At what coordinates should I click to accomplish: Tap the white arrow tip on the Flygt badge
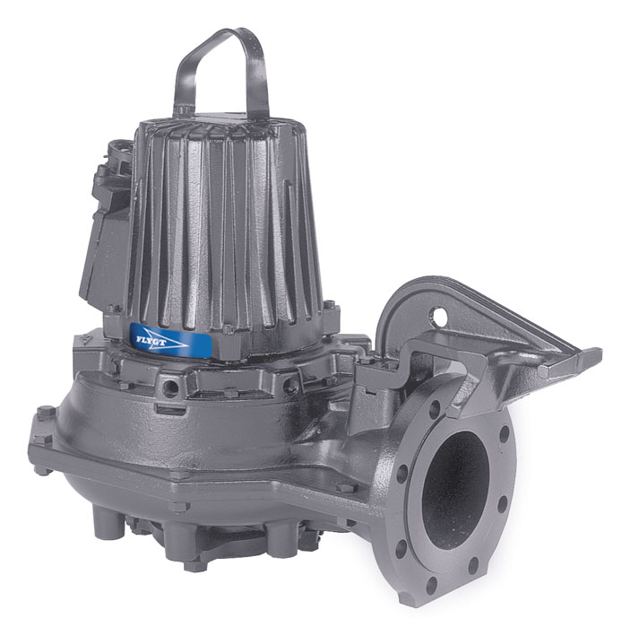pos(186,347)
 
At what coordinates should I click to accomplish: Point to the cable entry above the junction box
pos(117,152)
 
